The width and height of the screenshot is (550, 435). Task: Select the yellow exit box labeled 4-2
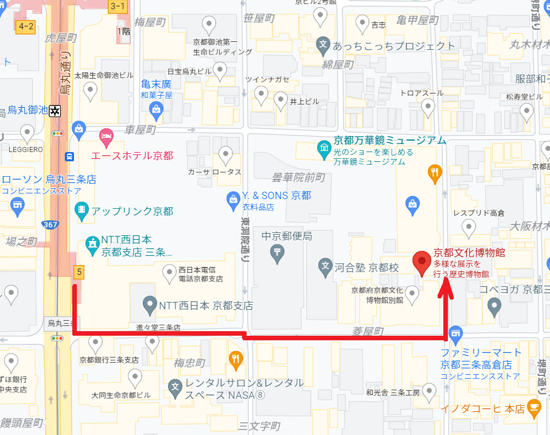click(x=27, y=26)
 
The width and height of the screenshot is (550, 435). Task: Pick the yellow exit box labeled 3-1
click(x=118, y=6)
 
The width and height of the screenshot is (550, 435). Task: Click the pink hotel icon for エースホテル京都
click(x=106, y=135)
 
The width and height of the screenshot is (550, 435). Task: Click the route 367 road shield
click(x=50, y=224)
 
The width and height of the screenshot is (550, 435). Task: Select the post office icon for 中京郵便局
click(x=277, y=252)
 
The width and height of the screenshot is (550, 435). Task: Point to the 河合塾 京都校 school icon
click(x=325, y=266)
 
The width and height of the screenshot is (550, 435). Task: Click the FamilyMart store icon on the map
click(x=456, y=333)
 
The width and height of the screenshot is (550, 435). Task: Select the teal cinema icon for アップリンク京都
click(x=81, y=211)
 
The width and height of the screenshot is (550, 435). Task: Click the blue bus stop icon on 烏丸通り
click(x=69, y=156)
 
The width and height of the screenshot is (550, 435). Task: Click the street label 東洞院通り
click(x=245, y=238)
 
